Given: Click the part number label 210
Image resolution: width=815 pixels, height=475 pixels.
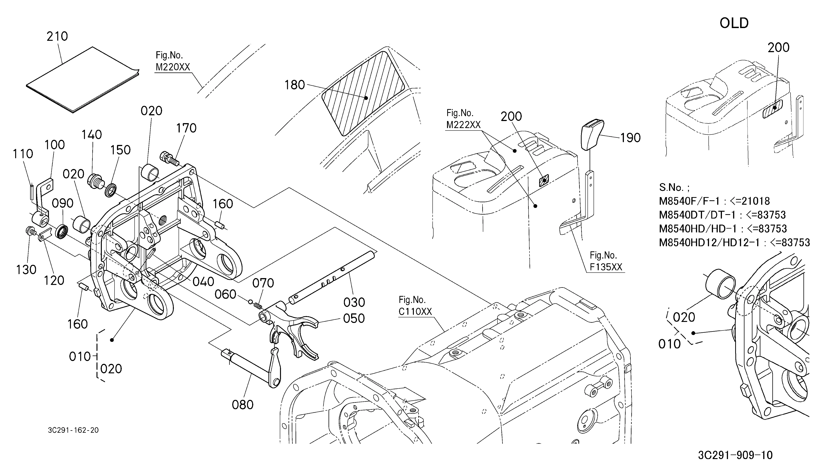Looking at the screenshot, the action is point(57,36).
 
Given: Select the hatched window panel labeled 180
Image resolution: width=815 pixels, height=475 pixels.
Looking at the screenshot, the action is point(363,93).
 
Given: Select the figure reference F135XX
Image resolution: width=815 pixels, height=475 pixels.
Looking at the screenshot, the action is point(606,267).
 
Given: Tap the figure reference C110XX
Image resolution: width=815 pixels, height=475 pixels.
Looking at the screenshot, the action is point(415,311).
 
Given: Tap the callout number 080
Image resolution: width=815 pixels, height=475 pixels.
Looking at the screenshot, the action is point(242,404).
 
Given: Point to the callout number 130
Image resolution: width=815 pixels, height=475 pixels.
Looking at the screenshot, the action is point(26,270).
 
